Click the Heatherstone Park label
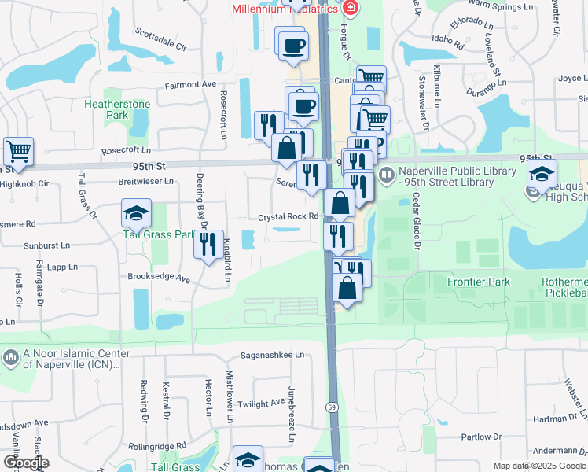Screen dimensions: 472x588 (105, 109)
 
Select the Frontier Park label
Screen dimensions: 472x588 (478, 282)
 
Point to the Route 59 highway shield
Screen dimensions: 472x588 (333, 406)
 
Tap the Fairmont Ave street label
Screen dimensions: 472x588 (190, 84)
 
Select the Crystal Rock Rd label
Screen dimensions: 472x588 (288, 217)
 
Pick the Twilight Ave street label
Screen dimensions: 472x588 (261, 402)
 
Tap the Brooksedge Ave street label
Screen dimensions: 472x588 (160, 278)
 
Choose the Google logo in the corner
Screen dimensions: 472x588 (26, 463)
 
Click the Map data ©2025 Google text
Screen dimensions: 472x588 (538, 466)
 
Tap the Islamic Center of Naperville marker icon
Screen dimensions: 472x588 (10, 359)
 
